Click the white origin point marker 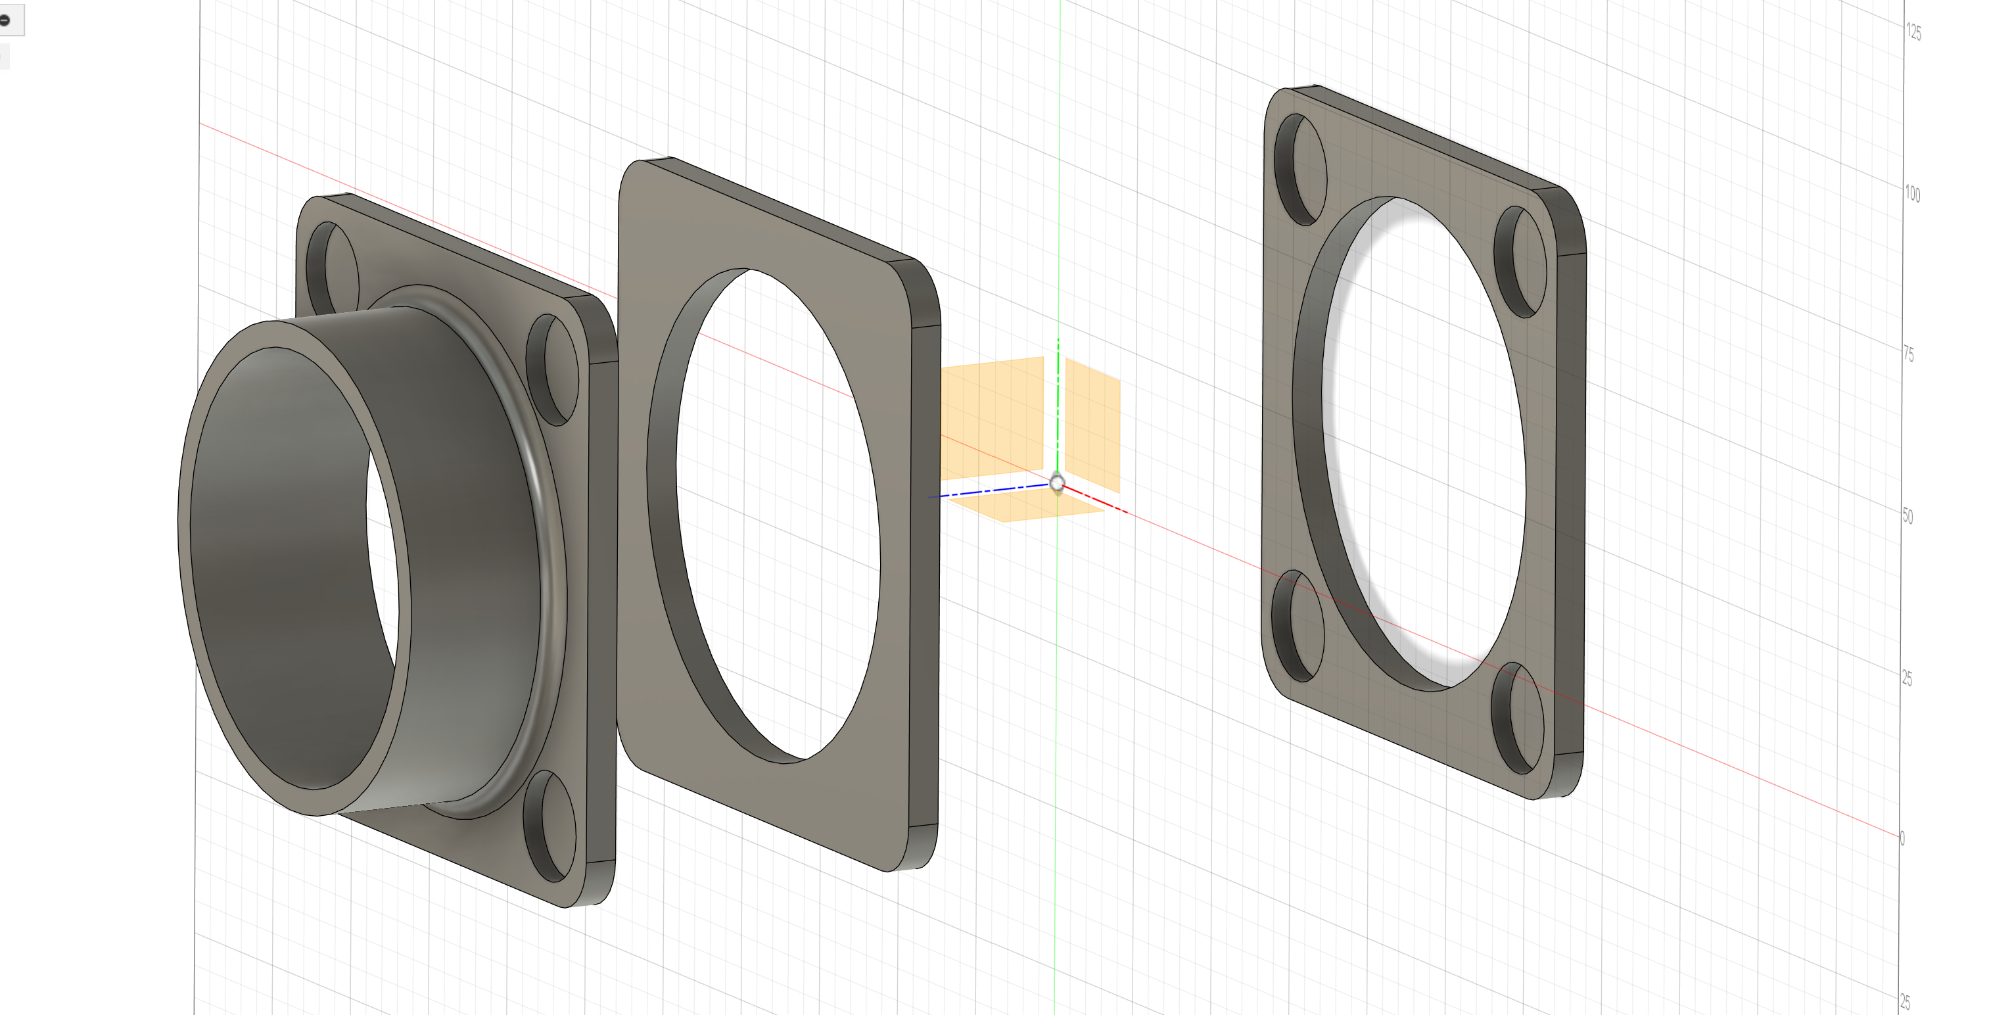[1057, 484]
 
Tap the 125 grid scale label [1913, 32]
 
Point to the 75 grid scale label [1909, 354]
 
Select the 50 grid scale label [1907, 516]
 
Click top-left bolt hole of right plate [1299, 170]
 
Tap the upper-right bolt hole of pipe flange [553, 370]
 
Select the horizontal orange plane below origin [1027, 506]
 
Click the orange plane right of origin [1092, 425]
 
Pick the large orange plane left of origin [992, 417]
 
